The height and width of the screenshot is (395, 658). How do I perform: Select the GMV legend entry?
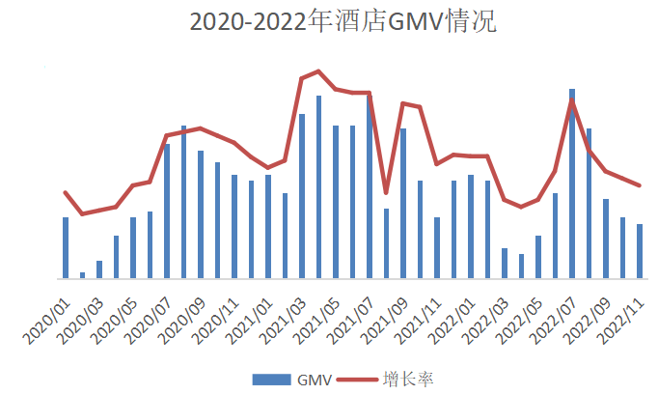click(x=306, y=379)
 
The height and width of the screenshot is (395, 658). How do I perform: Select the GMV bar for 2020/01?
click(x=66, y=248)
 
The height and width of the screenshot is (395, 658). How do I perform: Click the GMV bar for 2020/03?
click(x=99, y=269)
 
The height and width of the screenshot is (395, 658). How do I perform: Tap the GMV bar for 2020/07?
click(x=167, y=212)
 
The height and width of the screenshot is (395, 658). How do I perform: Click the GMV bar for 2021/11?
click(x=437, y=248)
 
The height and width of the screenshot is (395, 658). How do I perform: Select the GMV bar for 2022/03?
click(x=505, y=264)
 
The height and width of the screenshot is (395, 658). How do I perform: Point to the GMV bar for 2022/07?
click(x=572, y=183)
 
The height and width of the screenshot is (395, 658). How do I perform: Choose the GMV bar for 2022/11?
click(x=640, y=251)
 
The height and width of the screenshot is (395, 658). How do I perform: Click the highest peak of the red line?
click(x=318, y=71)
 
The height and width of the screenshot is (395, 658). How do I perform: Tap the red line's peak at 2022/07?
click(x=572, y=99)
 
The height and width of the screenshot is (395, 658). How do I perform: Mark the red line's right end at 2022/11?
click(x=640, y=185)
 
